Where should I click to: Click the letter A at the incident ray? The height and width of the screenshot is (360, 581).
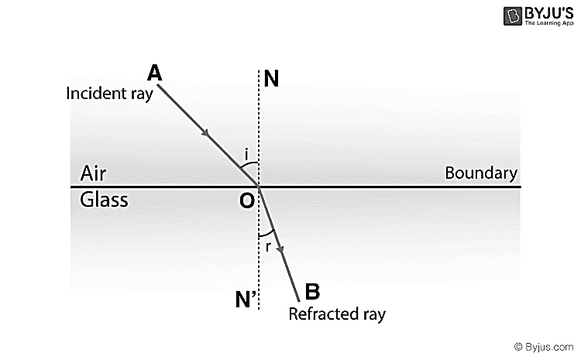point(154,73)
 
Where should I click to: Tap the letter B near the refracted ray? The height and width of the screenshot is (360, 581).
point(311,292)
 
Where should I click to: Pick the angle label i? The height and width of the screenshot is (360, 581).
point(246,156)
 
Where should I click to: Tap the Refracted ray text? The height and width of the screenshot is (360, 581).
point(335,314)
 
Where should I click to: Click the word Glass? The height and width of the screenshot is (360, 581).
point(104,200)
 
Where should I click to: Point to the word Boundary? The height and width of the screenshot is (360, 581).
point(480,173)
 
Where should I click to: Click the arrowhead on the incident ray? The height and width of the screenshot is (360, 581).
point(207,135)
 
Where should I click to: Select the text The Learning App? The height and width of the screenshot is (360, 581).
point(538,24)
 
